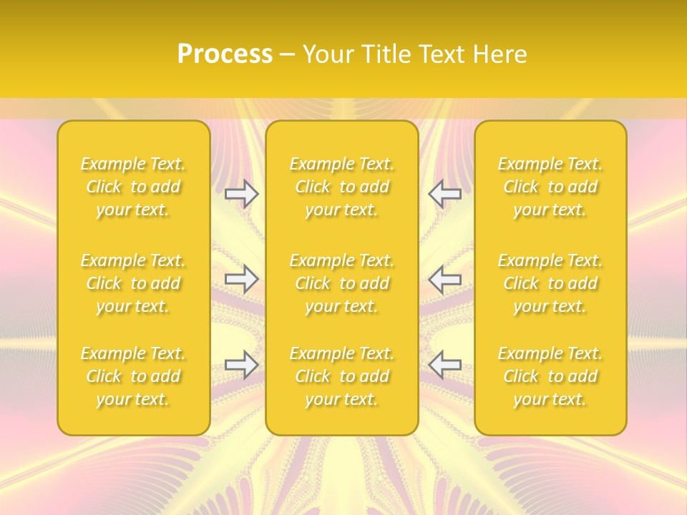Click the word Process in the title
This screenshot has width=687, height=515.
(x=225, y=54)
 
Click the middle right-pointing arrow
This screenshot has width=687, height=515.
(x=242, y=279)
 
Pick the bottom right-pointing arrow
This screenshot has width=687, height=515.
(x=242, y=365)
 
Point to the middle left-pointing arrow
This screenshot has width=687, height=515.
(x=444, y=279)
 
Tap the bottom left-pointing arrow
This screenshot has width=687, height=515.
(x=444, y=365)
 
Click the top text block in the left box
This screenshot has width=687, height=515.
(x=133, y=187)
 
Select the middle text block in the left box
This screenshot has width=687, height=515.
(x=133, y=283)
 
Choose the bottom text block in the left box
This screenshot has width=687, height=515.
(x=133, y=376)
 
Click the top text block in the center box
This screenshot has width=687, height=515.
(x=342, y=187)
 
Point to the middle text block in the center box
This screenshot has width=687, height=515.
(x=342, y=283)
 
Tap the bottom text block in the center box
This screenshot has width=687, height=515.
(x=342, y=376)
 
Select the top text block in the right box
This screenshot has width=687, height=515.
(x=550, y=187)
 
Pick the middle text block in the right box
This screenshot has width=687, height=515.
(x=550, y=283)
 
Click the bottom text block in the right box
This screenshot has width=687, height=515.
(x=550, y=376)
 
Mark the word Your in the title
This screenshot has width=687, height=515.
(x=327, y=54)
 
